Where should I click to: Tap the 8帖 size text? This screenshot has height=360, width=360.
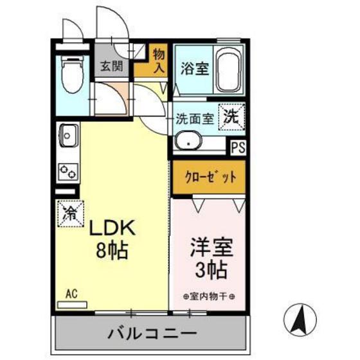point(111,249)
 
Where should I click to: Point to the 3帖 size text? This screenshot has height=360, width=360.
point(210,270)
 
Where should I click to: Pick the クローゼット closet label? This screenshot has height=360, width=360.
point(207,177)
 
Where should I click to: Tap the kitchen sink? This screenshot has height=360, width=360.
point(68,136)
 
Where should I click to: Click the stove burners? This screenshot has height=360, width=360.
point(67,171)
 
